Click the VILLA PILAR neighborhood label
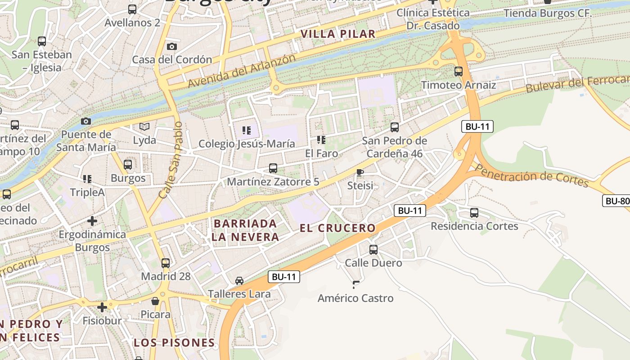point(337,34)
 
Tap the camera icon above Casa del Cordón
point(171,46)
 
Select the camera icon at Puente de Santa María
point(85,121)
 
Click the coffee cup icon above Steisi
point(360,172)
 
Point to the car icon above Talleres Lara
point(239,281)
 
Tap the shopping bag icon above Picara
point(155,301)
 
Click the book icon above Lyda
point(144,127)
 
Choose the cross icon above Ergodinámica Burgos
point(92,221)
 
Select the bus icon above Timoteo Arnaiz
point(458,71)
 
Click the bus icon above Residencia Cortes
point(474,212)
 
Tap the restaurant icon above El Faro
point(321,140)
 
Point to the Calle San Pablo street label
point(171,160)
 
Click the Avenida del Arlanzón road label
point(242,71)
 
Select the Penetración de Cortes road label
point(531,175)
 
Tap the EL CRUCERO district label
point(337,228)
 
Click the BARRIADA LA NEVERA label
point(245,230)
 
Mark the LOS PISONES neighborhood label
point(174,342)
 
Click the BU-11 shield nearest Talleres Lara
point(284,277)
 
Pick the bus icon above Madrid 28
point(166,263)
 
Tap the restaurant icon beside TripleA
point(87,179)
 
